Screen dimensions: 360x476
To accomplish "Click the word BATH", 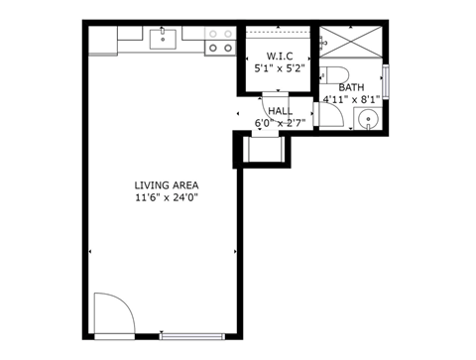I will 351,87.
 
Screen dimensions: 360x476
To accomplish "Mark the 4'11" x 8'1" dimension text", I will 351,99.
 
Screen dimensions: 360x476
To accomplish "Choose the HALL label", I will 280,111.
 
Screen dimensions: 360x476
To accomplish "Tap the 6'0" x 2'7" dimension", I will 280,123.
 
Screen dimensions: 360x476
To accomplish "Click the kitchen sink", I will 163,39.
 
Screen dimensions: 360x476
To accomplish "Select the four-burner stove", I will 220,41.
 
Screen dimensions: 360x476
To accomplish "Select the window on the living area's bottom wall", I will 192,334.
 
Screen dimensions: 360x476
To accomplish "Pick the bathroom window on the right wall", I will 387,79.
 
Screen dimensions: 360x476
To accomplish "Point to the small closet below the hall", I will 263,150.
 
